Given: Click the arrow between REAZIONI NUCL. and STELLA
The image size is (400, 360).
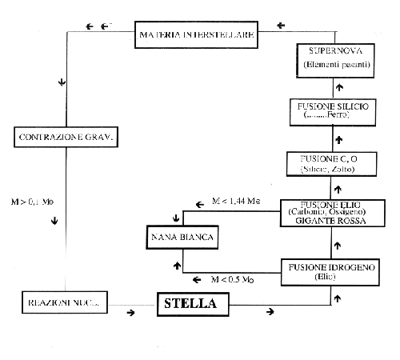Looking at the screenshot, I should pyautogui.click(x=130, y=314).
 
